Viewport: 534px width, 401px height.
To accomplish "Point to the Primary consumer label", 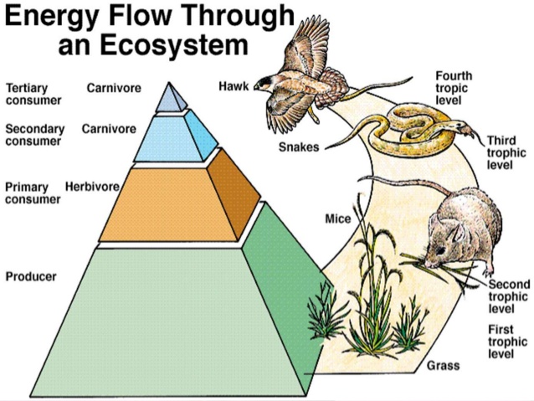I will click(32, 193).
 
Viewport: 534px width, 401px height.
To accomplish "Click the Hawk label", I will click(233, 85).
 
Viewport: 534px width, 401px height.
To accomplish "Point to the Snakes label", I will click(298, 148).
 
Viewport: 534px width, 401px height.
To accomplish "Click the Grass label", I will click(443, 366).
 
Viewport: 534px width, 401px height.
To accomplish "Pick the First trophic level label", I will click(507, 342).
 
